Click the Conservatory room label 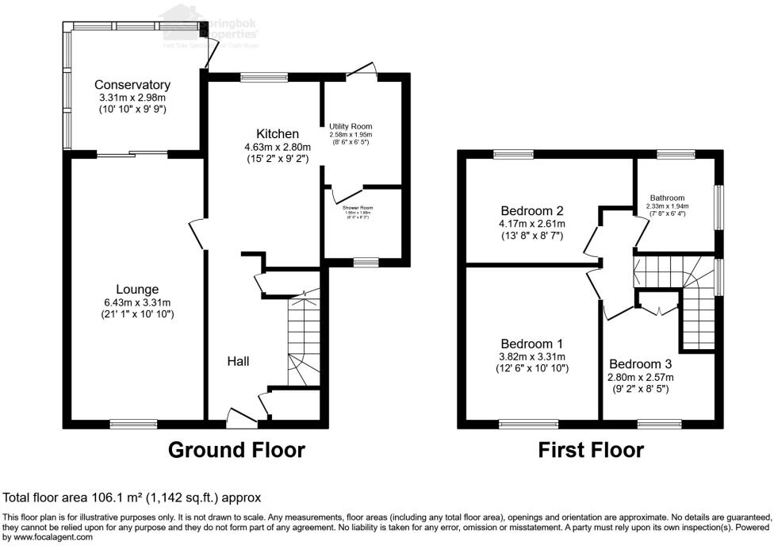tap(132, 85)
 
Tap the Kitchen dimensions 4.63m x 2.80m tap(277, 147)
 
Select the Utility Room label tap(351, 126)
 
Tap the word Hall tap(238, 362)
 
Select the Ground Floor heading tap(236, 450)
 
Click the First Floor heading tap(591, 450)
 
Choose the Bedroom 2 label tap(531, 211)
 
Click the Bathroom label tap(667, 198)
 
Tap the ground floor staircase tap(303, 341)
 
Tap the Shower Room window tap(366, 261)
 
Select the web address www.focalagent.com tap(47, 537)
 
